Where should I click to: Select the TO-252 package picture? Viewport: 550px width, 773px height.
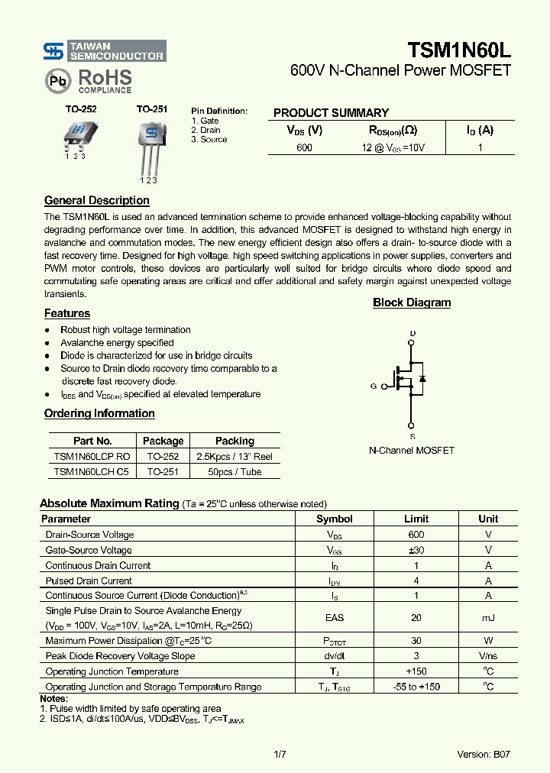pyautogui.click(x=76, y=134)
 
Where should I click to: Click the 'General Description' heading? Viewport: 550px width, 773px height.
pyautogui.click(x=96, y=201)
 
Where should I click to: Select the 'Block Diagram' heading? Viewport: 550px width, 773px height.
pyautogui.click(x=412, y=302)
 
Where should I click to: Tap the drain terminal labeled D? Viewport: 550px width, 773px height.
pyautogui.click(x=412, y=334)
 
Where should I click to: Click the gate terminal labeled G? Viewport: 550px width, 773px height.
pyautogui.click(x=374, y=386)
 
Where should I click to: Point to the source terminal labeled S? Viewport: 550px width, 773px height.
pyautogui.click(x=412, y=436)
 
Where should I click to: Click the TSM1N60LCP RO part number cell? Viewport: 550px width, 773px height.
pyautogui.click(x=92, y=456)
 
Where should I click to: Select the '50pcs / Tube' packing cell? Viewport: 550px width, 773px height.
pyautogui.click(x=235, y=472)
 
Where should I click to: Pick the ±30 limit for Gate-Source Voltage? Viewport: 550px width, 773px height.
pyautogui.click(x=416, y=550)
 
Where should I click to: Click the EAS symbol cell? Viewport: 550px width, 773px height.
pyautogui.click(x=335, y=618)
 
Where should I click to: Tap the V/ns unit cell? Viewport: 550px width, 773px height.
pyautogui.click(x=487, y=656)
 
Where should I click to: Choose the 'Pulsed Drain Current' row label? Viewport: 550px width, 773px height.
pyautogui.click(x=89, y=581)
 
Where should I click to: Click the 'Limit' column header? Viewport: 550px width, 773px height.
pyautogui.click(x=416, y=519)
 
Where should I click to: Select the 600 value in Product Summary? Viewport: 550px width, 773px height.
pyautogui.click(x=304, y=147)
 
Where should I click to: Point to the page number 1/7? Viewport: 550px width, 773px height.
pyautogui.click(x=279, y=754)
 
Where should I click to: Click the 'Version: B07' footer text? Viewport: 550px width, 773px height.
pyautogui.click(x=483, y=754)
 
